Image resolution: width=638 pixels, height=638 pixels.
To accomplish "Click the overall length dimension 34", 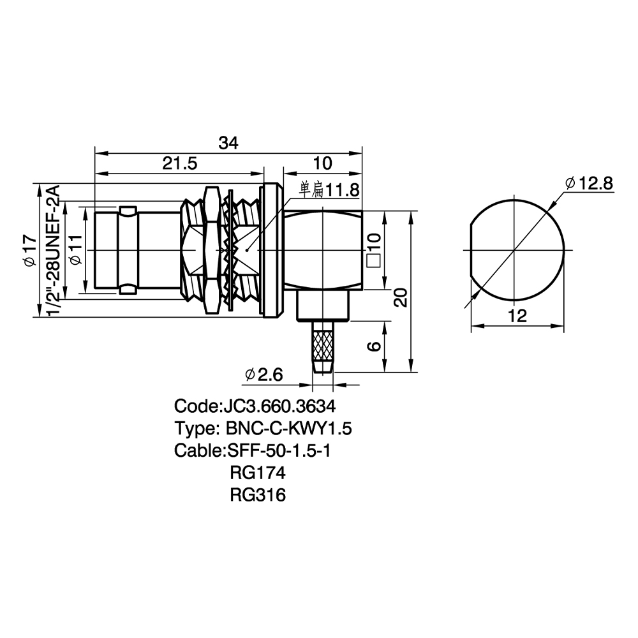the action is (228, 143).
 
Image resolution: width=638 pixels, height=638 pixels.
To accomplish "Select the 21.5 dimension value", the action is (180, 163).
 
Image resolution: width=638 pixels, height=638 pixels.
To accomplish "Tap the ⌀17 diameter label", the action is (31, 251).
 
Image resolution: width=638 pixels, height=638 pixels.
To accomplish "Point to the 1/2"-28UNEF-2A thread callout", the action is (54, 250).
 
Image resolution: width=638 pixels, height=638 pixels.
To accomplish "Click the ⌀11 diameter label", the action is (76, 250).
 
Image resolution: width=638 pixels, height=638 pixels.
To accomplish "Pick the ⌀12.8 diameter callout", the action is (589, 184).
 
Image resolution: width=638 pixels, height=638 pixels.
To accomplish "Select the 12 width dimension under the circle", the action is (517, 316).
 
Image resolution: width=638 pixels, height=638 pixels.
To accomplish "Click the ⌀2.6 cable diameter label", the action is (263, 375).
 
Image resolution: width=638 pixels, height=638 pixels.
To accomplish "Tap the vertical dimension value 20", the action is (401, 297).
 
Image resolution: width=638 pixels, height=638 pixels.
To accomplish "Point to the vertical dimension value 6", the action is (374, 346).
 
